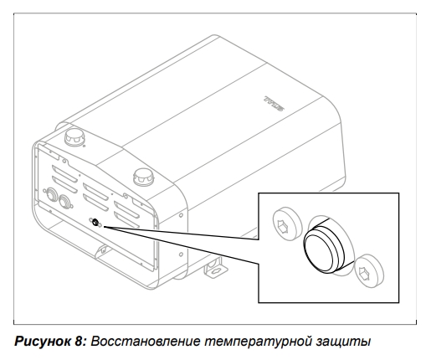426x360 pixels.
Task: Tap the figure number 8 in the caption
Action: [80, 342]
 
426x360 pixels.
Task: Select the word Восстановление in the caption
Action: [146, 342]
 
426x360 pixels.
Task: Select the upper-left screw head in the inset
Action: [287, 224]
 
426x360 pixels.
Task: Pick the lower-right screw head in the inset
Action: [369, 270]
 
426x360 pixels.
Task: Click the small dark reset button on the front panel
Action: [95, 222]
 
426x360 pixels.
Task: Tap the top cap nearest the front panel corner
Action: [74, 136]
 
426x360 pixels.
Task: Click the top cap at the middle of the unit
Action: [144, 177]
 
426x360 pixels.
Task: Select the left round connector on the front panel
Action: [51, 193]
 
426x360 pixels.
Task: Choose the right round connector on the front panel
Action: [65, 201]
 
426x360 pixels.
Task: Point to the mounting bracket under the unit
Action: [216, 268]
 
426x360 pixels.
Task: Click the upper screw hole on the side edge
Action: [181, 215]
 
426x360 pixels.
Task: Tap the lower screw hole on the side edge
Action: [181, 255]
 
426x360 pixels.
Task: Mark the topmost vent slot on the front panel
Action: [64, 173]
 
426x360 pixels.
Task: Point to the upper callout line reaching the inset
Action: [182, 233]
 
